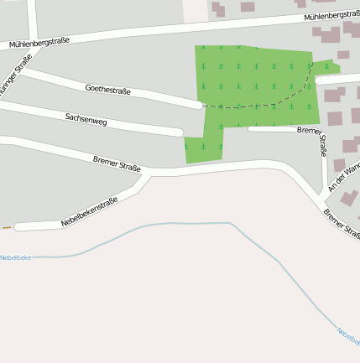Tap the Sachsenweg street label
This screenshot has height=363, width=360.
coord(86,119)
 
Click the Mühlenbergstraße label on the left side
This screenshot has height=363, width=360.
coord(39,42)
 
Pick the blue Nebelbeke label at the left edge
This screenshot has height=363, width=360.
coord(15,257)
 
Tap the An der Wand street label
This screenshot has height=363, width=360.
coord(344,177)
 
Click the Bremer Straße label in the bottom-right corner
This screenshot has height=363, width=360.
coord(342,225)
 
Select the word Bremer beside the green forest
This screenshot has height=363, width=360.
coord(310,131)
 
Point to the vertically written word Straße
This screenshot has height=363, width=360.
coord(323,146)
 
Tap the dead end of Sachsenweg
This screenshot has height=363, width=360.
coord(178,132)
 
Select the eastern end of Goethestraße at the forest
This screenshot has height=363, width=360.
coord(199,106)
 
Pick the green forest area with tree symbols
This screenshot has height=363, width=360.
coord(252,80)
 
